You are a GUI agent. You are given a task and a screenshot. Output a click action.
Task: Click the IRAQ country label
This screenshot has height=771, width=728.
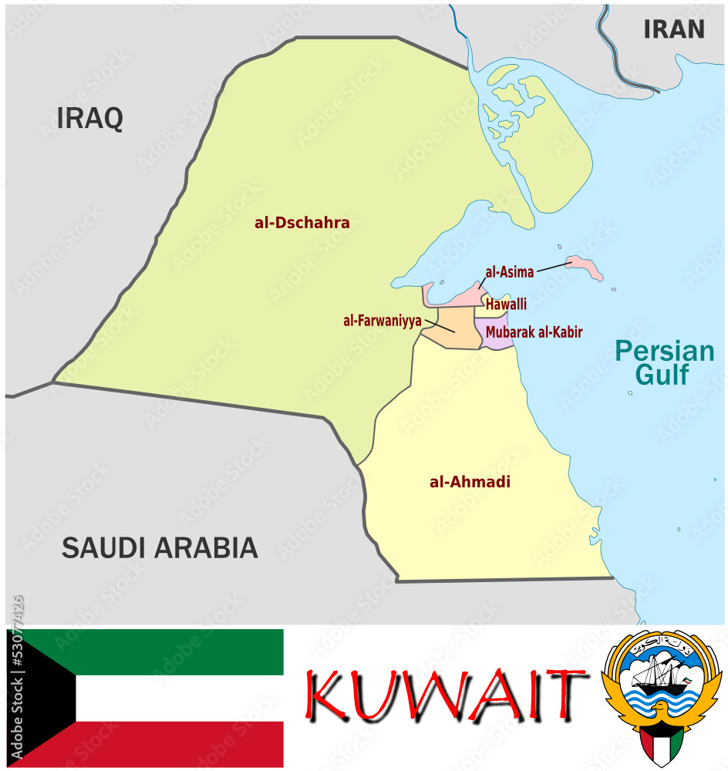tap(89, 118)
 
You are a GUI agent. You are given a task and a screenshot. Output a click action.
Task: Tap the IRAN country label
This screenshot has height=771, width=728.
tap(674, 29)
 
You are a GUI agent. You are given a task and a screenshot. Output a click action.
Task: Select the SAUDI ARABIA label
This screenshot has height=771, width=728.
tap(160, 547)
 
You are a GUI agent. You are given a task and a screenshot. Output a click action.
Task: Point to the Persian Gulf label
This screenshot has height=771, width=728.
tap(664, 362)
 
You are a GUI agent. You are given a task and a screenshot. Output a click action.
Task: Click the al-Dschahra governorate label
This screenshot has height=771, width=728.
tap(302, 223)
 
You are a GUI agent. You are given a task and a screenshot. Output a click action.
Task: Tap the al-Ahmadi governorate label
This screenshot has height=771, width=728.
tap(470, 483)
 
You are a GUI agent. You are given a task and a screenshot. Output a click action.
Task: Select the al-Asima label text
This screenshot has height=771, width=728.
tap(509, 272)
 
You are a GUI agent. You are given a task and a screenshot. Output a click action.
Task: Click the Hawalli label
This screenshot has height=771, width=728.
tap(506, 305)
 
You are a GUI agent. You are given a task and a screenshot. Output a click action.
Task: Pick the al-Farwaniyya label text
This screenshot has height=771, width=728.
tap(383, 320)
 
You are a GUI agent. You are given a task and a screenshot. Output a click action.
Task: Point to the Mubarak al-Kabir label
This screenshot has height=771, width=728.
tap(534, 332)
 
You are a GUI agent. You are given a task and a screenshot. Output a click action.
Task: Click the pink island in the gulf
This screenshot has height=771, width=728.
tap(585, 268)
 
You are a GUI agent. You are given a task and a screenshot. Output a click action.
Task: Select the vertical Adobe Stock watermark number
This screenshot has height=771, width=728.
tap(17, 678)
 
